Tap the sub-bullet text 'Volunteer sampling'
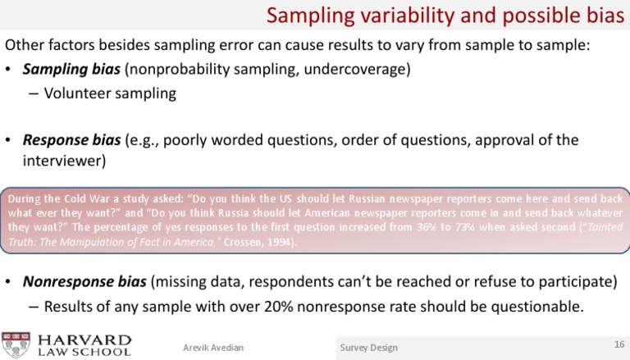110,93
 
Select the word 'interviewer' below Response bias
62,161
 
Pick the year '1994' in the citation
277,243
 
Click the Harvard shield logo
16,344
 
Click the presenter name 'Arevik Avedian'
212,347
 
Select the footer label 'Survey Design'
368,348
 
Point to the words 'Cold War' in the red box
94,198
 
